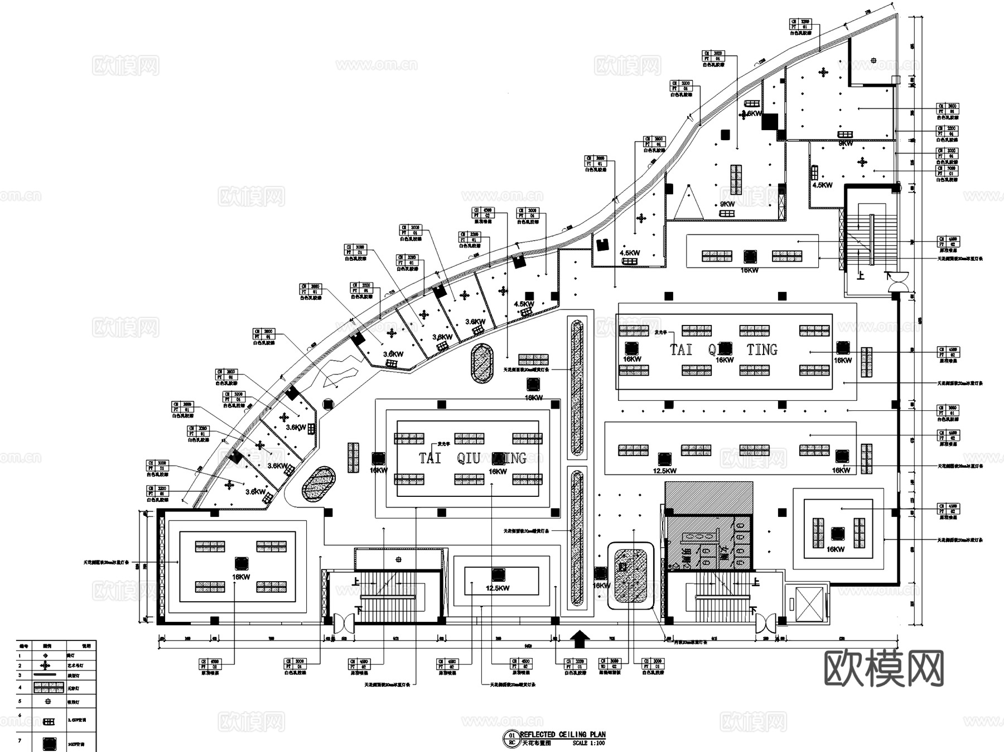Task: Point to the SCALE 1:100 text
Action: tap(588, 743)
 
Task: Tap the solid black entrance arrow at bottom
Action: tap(580, 639)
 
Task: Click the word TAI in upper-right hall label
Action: tap(681, 350)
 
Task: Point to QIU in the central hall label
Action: tap(469, 458)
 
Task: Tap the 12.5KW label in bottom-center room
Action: tap(497, 588)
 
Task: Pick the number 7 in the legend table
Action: tap(20, 740)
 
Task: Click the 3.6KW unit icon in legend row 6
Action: tap(48, 721)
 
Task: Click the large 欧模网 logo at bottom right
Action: tap(884, 668)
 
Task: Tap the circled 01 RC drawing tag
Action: tap(511, 739)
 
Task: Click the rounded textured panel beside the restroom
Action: tap(630, 575)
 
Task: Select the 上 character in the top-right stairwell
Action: tap(861, 275)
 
